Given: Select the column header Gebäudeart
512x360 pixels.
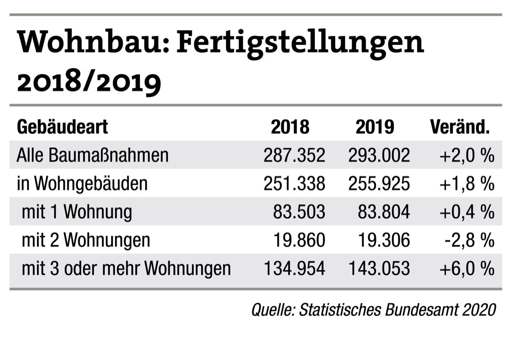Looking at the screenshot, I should pyautogui.click(x=62, y=127).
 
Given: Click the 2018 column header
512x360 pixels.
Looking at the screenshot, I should pyautogui.click(x=290, y=127).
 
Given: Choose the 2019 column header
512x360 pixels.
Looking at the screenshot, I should pyautogui.click(x=375, y=127).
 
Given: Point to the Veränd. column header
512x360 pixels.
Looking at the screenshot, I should pyautogui.click(x=459, y=127).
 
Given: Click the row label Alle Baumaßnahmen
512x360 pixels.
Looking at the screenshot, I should pyautogui.click(x=92, y=155).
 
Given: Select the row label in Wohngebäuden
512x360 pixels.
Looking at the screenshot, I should pyautogui.click(x=82, y=184).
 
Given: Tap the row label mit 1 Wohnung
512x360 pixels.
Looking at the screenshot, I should pyautogui.click(x=77, y=212).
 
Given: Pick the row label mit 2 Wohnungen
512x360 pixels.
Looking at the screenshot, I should pyautogui.click(x=86, y=240).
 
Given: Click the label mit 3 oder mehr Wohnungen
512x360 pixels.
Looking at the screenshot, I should pyautogui.click(x=126, y=269).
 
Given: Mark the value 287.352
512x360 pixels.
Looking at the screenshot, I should pyautogui.click(x=294, y=155).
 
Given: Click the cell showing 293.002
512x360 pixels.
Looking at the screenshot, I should pyautogui.click(x=379, y=155).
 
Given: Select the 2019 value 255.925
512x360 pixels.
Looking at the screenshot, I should pyautogui.click(x=379, y=184).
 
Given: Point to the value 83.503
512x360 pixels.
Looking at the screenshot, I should pyautogui.click(x=299, y=212).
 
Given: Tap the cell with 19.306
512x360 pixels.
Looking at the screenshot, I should pyautogui.click(x=384, y=240).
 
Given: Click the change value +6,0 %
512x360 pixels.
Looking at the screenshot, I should pyautogui.click(x=467, y=269).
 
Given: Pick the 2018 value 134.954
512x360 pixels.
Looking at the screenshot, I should pyautogui.click(x=294, y=269).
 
